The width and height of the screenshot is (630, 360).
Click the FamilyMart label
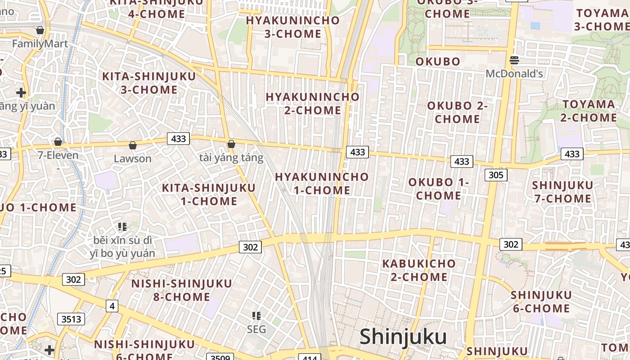click(x=40, y=44)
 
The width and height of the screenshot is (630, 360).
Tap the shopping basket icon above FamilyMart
click(x=40, y=30)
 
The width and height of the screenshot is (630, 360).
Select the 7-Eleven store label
click(x=58, y=156)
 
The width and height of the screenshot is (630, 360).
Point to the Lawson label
click(x=132, y=158)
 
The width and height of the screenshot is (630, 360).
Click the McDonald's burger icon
click(x=514, y=60)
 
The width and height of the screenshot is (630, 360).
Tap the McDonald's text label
click(x=514, y=73)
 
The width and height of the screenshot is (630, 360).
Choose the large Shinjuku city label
click(x=403, y=337)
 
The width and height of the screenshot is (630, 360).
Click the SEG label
click(x=256, y=329)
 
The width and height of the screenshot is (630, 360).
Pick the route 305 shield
click(x=496, y=175)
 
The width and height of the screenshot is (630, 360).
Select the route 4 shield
click(x=112, y=306)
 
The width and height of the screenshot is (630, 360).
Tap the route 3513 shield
click(x=71, y=319)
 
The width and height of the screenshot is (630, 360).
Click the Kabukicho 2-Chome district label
click(x=419, y=270)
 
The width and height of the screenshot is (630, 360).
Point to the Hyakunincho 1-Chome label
click(x=322, y=184)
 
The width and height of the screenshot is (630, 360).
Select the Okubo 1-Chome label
click(x=439, y=189)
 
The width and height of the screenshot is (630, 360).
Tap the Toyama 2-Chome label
click(x=589, y=111)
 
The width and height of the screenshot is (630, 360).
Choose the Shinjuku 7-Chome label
click(x=562, y=192)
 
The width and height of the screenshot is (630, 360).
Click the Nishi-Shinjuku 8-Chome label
click(x=181, y=290)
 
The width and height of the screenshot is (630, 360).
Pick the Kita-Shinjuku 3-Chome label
click(x=149, y=83)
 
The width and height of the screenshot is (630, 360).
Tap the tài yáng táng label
click(x=231, y=158)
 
